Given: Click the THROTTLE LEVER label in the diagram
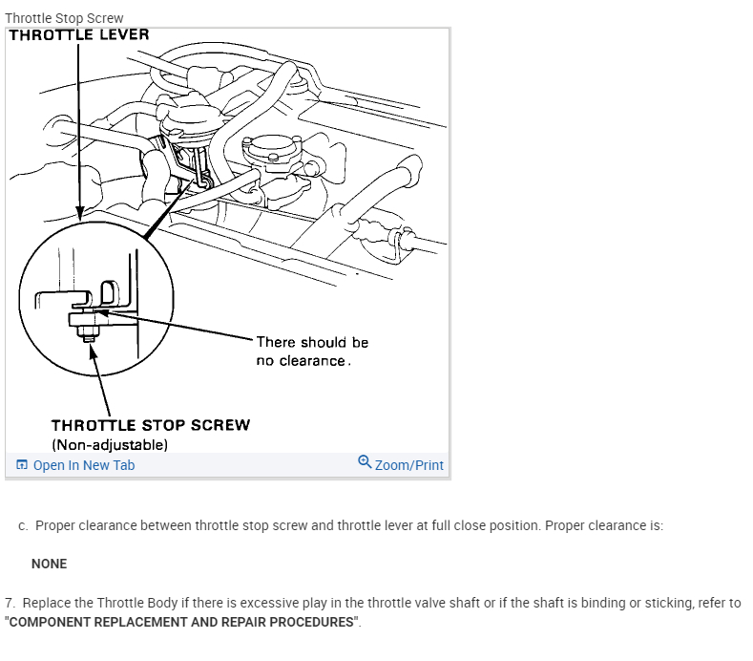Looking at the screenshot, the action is coord(79,35).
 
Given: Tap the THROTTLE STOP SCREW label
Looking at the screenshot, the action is coord(151,425).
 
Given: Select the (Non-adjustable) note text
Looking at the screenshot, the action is coord(110,445).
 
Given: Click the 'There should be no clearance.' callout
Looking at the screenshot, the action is coord(312,352).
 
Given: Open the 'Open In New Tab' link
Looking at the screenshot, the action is coord(84,465).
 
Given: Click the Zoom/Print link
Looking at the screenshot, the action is coord(409,465).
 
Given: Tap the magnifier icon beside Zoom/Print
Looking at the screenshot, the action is coord(365,463).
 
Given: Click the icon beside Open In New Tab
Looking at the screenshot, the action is coord(22,465).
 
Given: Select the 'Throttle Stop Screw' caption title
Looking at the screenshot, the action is coord(64,18).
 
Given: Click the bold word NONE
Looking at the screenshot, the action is coord(49,564).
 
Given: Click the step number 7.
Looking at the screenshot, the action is coord(10,604).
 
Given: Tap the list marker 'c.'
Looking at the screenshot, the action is coord(23,526).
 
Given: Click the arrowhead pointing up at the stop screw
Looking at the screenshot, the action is coord(93,352).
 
